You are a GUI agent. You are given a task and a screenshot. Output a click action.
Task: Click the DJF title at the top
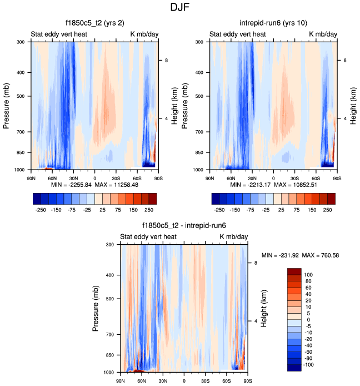click(179, 8)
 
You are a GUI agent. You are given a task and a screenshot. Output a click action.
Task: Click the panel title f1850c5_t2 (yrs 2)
click(94, 24)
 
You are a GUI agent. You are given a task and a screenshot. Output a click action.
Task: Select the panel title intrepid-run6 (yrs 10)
click(273, 24)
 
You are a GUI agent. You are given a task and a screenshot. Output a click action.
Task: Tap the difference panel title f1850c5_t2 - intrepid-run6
click(183, 226)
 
